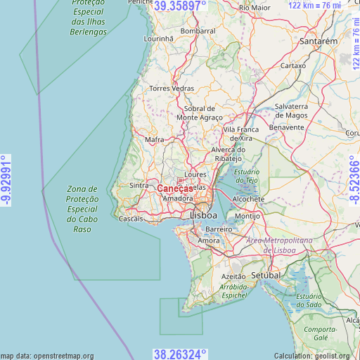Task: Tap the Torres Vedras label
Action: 171,89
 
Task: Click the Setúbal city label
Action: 266,276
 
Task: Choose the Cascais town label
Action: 131,219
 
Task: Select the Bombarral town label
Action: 198,32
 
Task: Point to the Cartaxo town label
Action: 293,65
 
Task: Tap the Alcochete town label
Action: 248,199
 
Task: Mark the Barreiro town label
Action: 218,230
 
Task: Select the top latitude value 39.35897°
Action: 180,6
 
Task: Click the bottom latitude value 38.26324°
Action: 180,354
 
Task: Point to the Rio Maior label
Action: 255,7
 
